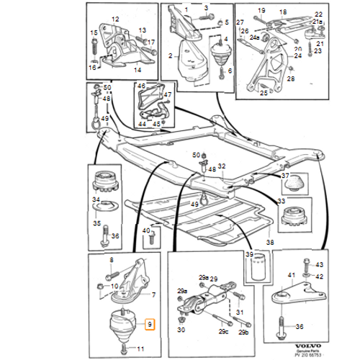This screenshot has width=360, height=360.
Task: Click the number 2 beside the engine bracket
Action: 171,55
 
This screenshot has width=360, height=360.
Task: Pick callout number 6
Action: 230,71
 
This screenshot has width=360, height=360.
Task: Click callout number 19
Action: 261,11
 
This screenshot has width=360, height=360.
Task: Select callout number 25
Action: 263,91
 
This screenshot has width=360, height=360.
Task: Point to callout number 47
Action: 168,94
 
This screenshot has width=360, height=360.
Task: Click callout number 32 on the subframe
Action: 222,166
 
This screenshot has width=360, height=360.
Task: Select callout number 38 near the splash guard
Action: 270,243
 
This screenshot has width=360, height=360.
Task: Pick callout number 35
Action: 96,223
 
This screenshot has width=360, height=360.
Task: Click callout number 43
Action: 320,265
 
